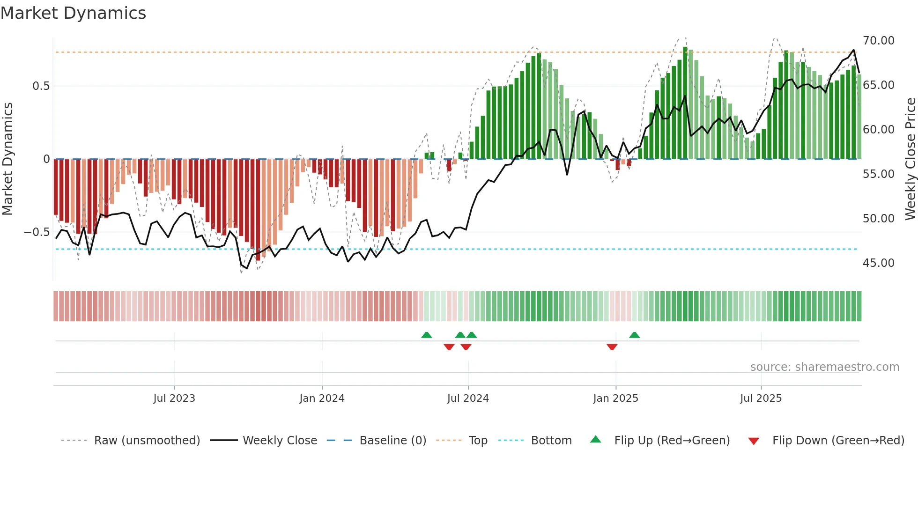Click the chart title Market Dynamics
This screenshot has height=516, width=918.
coord(73,13)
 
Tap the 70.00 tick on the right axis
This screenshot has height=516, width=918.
coord(878,41)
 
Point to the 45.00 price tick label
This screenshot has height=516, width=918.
coord(878,263)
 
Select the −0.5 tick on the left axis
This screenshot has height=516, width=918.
coord(37,232)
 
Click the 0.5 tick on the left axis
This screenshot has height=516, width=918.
coord(41,86)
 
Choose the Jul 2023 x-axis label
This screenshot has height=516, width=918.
coord(174,398)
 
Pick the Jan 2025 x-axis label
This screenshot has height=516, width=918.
coord(615,398)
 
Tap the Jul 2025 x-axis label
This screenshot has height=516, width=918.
coord(761,398)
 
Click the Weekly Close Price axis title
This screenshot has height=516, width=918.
coord(910,159)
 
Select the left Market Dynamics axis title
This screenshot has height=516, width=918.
coord(7,159)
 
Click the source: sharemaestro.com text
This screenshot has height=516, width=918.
coord(824,367)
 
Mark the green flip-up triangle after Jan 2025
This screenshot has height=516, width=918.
coord(634,335)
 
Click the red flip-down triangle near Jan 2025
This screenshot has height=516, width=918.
coord(612,346)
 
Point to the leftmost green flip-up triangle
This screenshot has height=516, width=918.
coord(426,335)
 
